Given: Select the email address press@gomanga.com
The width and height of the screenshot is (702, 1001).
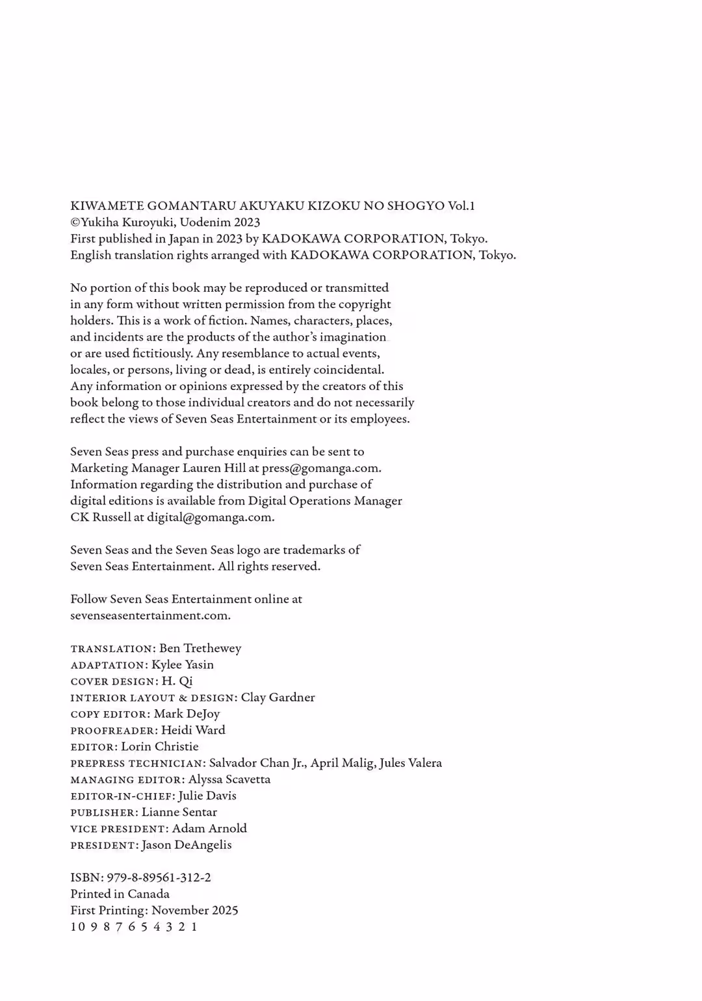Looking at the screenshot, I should click(320, 468).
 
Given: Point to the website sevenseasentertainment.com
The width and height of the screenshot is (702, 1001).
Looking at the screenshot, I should click(149, 616).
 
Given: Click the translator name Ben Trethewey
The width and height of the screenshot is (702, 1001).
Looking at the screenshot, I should click(200, 648).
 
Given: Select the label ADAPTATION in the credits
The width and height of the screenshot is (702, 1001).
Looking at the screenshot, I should click(108, 665).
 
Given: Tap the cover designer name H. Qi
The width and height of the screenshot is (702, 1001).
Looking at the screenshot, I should click(177, 681).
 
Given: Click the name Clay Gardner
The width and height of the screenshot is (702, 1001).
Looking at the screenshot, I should click(278, 697).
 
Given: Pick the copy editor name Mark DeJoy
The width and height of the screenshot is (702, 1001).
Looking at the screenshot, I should click(187, 714).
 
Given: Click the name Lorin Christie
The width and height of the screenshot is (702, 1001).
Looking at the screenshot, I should click(160, 747).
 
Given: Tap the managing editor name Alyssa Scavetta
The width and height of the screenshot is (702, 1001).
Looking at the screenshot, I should click(229, 779).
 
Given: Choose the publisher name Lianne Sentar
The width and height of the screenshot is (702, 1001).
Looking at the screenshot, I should click(179, 812).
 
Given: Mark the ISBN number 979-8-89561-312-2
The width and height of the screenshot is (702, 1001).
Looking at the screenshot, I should click(159, 877).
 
